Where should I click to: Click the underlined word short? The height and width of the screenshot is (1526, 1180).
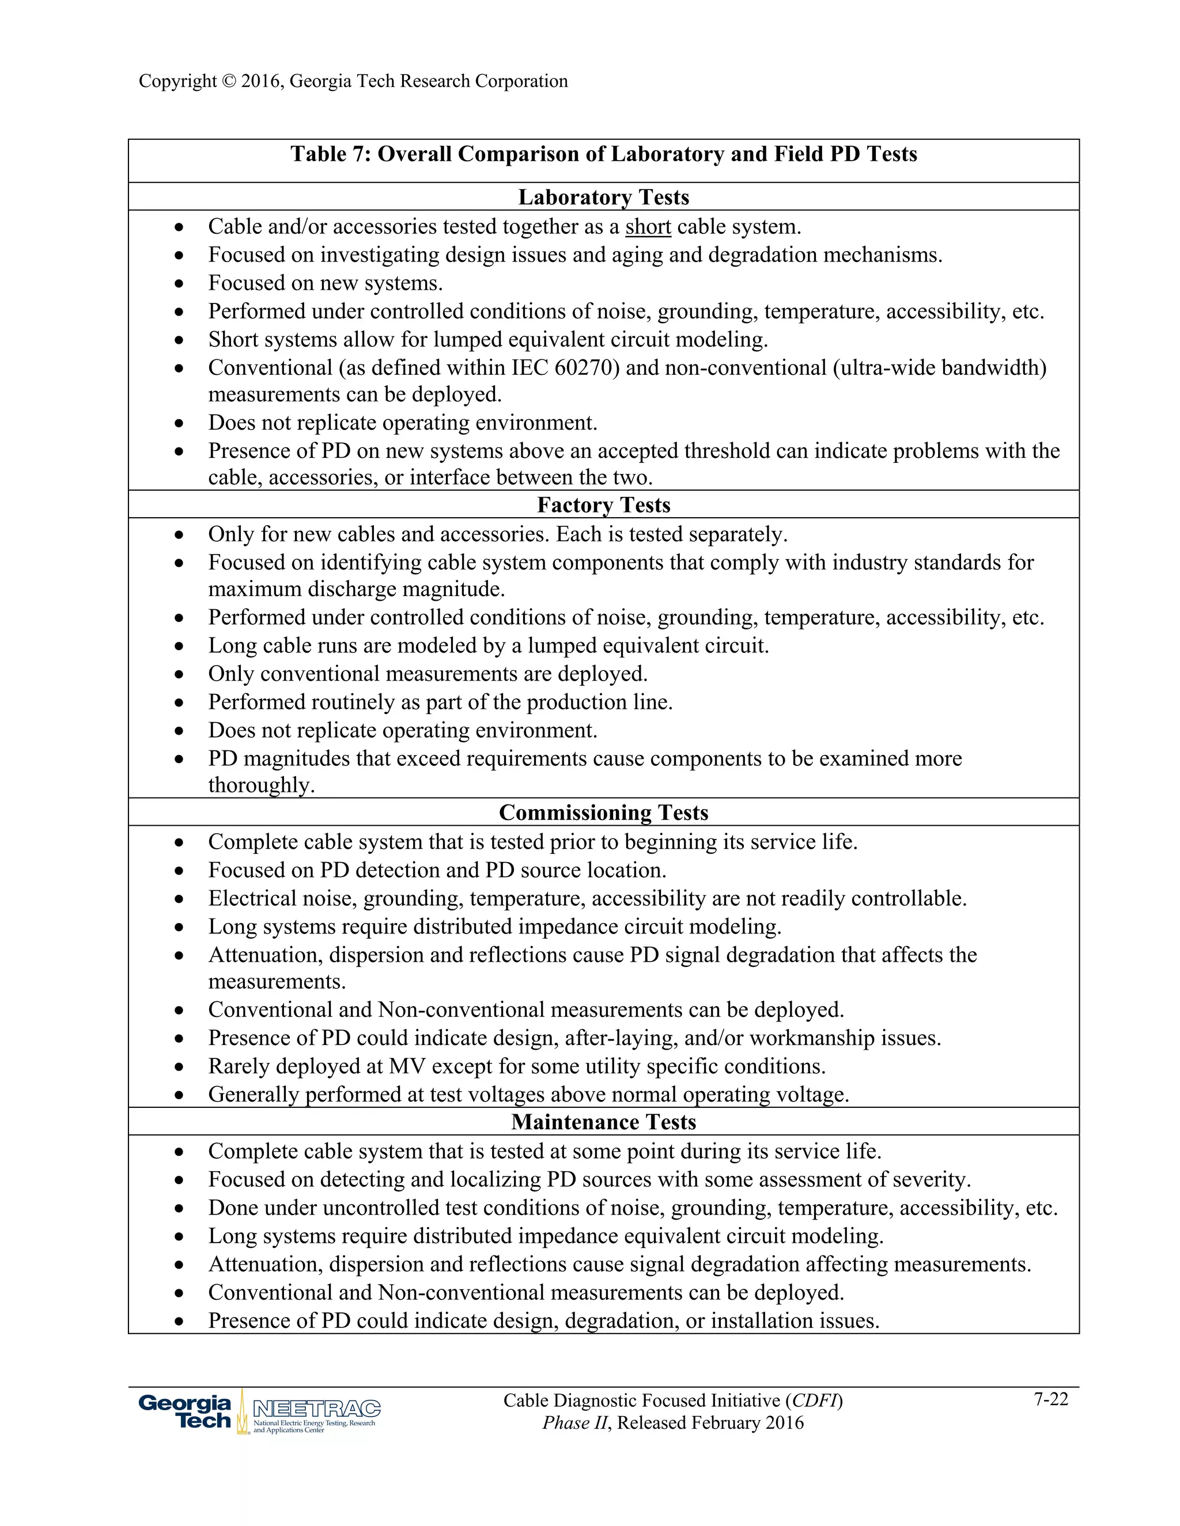(648, 227)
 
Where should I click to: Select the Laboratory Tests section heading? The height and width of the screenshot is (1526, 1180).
(603, 197)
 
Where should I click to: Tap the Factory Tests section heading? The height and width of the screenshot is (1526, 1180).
(603, 504)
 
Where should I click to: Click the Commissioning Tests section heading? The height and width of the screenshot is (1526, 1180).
(603, 813)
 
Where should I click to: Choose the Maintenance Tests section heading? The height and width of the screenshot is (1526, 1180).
(603, 1121)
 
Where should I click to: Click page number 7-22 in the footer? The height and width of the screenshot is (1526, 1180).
(1051, 1399)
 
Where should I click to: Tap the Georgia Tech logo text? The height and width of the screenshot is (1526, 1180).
(186, 1411)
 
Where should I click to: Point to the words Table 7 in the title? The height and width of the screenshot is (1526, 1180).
(328, 154)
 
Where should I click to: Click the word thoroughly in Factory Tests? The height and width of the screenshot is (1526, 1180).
(261, 785)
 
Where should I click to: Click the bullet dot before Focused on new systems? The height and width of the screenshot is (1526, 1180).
(180, 284)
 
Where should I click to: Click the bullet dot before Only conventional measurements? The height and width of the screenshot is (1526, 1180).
(180, 674)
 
